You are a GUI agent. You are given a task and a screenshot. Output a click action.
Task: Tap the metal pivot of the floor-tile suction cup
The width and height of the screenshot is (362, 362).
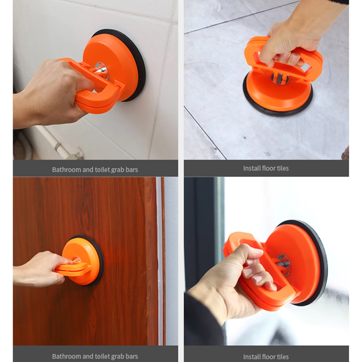[280, 78]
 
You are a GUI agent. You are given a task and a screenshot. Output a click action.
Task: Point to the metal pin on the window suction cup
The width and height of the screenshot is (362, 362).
[283, 265]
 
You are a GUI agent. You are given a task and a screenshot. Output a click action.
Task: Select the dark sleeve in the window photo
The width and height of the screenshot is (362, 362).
[203, 323]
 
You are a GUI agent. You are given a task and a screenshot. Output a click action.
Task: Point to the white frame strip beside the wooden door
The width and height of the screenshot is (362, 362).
[160, 261]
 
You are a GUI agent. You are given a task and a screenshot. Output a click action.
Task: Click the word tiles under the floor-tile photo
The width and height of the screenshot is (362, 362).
[282, 168]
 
